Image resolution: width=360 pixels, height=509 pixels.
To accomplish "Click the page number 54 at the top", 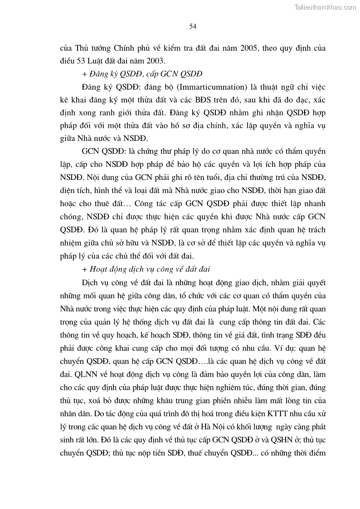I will pos(193,26).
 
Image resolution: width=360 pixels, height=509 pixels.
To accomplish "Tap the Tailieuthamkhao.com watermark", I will pos(326,7).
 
